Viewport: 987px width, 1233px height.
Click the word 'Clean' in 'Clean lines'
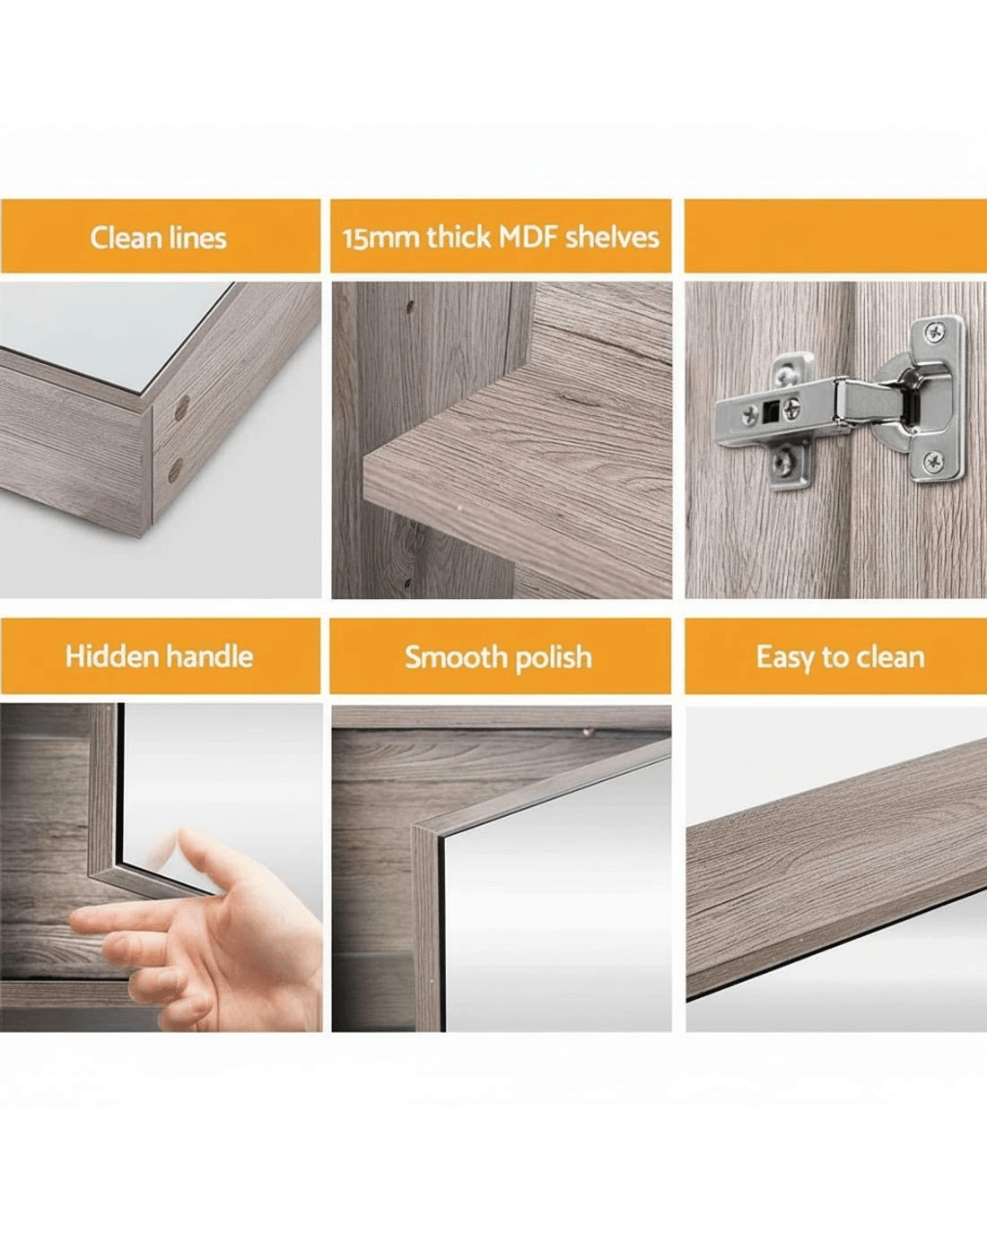126,238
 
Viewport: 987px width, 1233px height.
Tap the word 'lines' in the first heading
198,238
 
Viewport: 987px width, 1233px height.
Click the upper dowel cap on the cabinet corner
182,408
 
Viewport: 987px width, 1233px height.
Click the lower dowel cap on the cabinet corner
175,471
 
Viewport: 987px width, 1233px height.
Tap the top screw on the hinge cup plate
935,331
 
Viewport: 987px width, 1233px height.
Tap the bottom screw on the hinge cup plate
933,461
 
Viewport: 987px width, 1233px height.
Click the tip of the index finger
74,921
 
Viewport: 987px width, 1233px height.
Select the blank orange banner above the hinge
835,236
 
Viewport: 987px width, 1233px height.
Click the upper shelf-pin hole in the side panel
410,307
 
